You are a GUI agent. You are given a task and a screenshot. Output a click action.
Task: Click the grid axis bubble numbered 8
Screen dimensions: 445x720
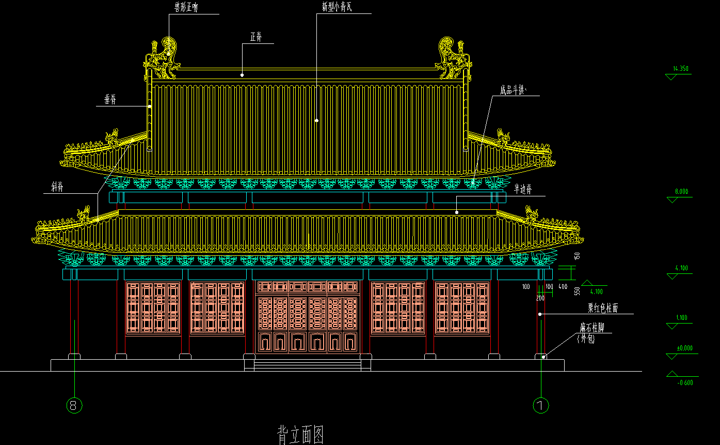[x=74, y=406]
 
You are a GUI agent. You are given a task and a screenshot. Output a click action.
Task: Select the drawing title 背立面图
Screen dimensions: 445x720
[x=301, y=434]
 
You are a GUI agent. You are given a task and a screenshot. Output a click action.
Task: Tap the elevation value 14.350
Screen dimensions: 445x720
[x=681, y=69]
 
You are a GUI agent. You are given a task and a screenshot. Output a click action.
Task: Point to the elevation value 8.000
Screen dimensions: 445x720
[x=681, y=192]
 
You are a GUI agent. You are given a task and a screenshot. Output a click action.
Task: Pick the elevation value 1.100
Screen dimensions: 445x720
[x=681, y=318]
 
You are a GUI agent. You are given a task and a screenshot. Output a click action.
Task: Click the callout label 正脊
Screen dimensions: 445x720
[x=256, y=37]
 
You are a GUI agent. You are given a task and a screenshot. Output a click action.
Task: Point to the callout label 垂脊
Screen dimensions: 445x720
[x=110, y=100]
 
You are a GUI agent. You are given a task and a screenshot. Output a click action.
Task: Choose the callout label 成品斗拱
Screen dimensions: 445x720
[x=513, y=90]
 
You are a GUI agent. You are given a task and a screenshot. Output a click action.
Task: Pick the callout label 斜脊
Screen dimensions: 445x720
[x=57, y=188]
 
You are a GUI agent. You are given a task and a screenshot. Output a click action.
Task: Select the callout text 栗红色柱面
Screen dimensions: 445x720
[x=603, y=309]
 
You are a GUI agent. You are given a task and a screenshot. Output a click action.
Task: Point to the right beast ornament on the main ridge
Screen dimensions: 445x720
[x=453, y=57]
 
